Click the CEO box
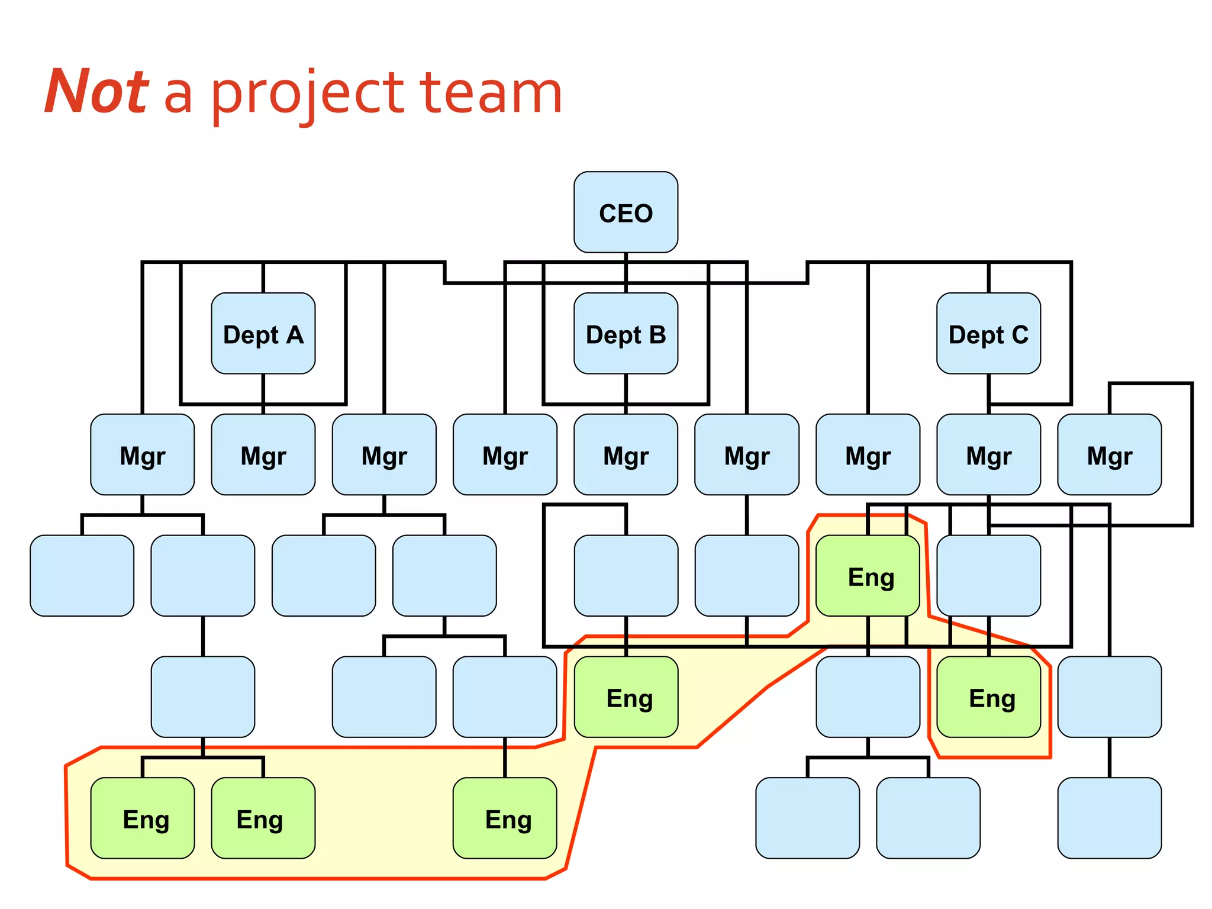pos(626,212)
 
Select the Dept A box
pos(263,334)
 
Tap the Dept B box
pos(626,334)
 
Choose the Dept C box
pos(988,334)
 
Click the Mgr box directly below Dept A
pos(263,454)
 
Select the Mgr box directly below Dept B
pos(626,454)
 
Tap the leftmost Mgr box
pos(142,454)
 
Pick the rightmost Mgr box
pos(1109,454)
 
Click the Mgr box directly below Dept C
pos(988,454)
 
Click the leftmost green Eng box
pos(142,818)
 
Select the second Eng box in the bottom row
pos(263,818)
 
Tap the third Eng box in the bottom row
pos(505,818)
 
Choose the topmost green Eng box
pos(868,576)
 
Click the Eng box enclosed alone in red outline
pos(988,697)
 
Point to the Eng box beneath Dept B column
pos(626,697)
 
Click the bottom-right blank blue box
pos(1109,818)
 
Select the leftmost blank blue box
pos(82,576)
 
